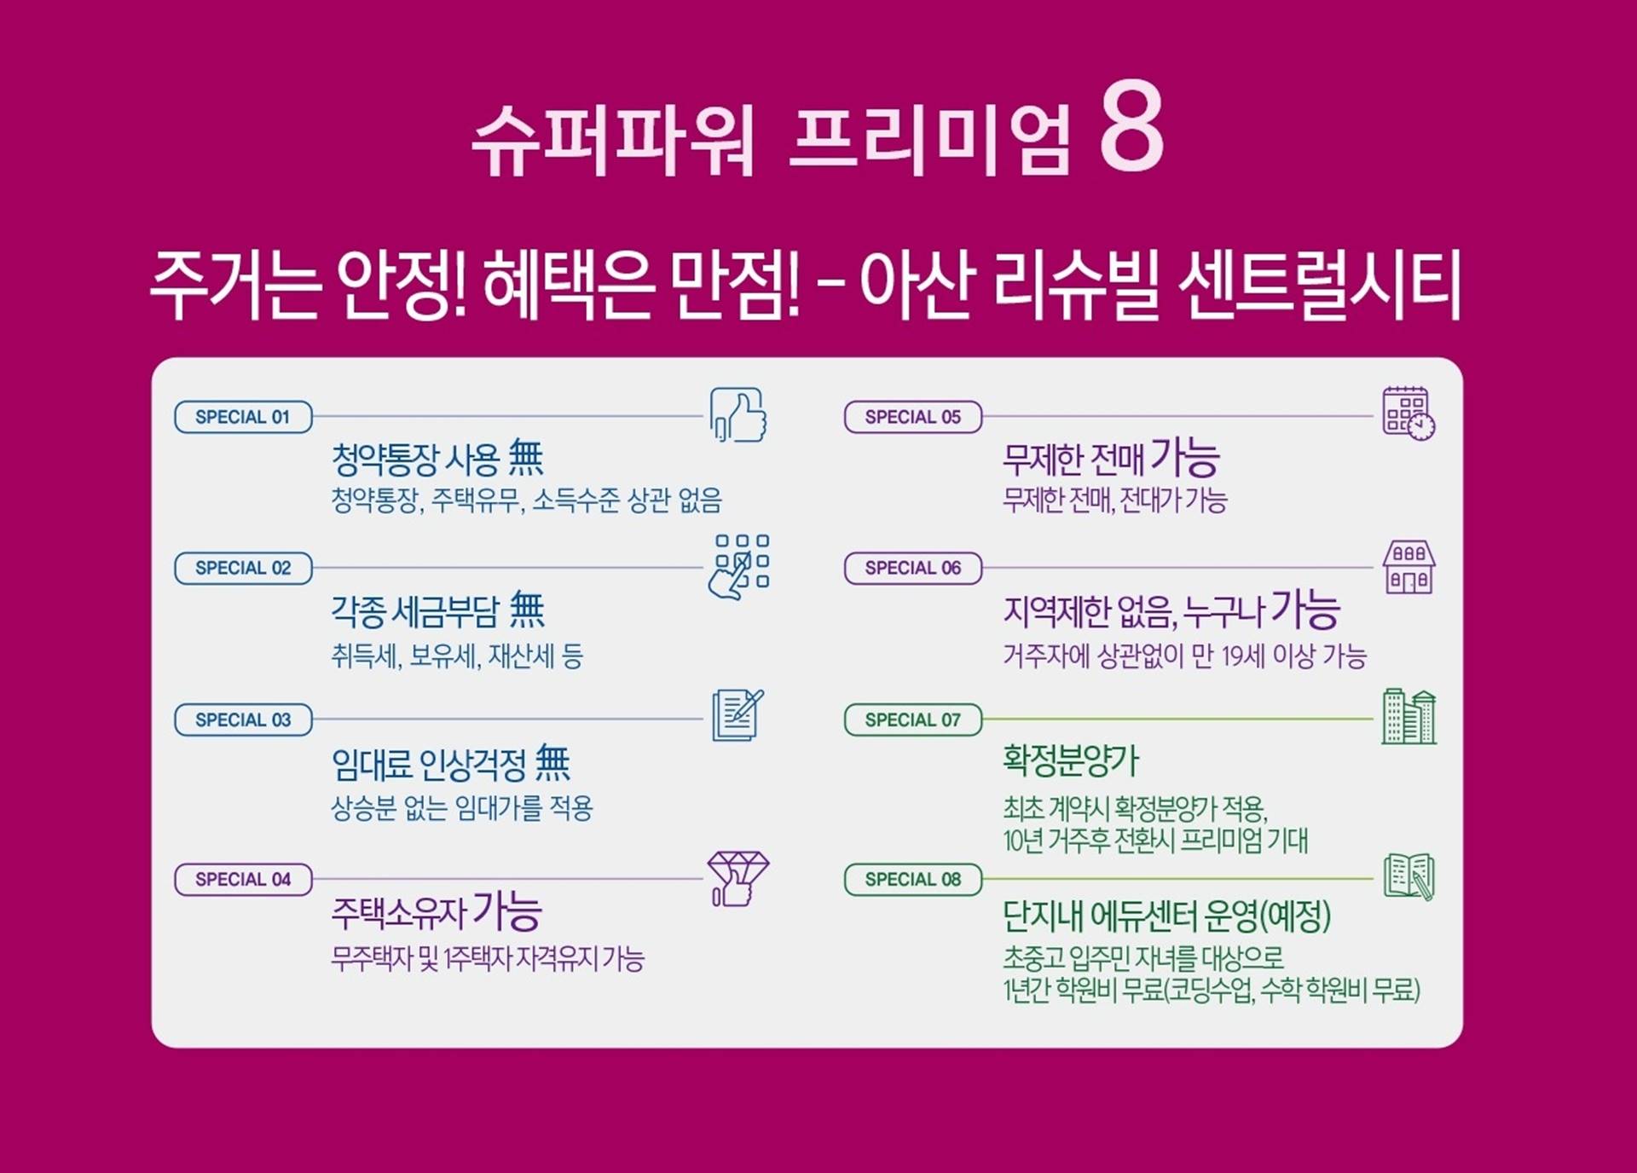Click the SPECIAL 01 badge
click(243, 417)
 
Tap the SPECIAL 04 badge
click(243, 879)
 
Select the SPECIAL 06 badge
click(913, 568)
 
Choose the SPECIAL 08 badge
click(913, 879)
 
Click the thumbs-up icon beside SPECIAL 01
click(738, 414)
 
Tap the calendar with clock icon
click(1409, 413)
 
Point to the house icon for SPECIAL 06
click(1409, 567)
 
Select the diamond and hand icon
click(738, 878)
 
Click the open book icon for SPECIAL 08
click(1409, 876)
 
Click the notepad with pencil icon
click(738, 715)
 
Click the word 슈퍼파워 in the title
click(613, 140)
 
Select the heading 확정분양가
click(1071, 760)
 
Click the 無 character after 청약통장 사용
click(526, 458)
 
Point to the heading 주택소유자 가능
click(437, 911)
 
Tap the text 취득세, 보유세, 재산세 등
click(457, 656)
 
